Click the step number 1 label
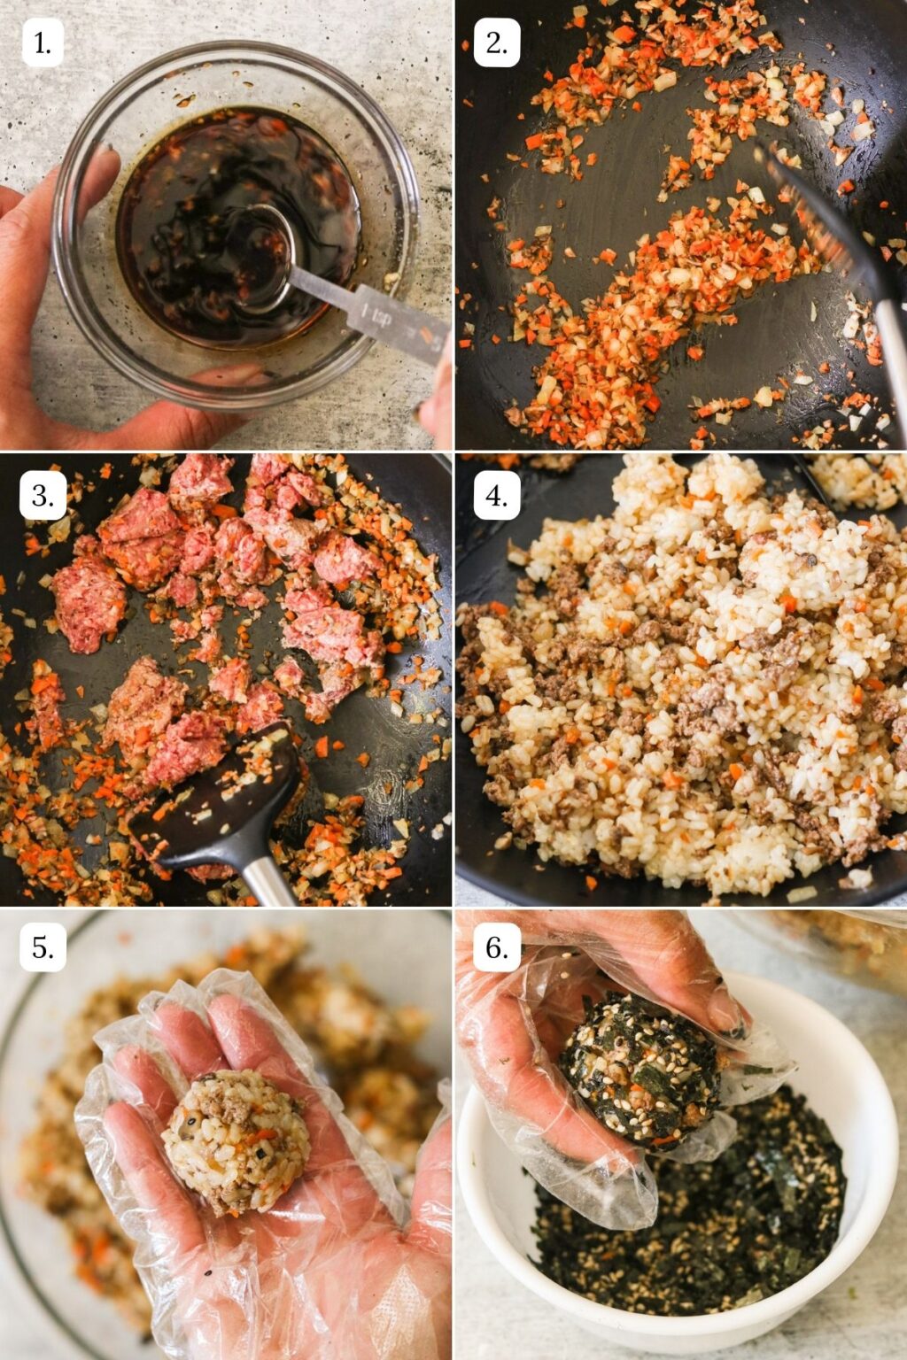click(43, 42)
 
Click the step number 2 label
click(497, 42)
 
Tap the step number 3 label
click(43, 496)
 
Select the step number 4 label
click(497, 496)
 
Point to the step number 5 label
click(43, 948)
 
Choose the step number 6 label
click(497, 948)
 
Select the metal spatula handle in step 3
click(266, 881)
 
